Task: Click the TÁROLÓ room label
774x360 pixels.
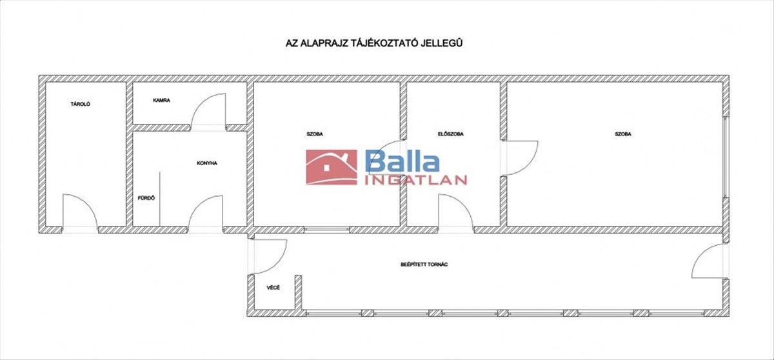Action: [x=81, y=103]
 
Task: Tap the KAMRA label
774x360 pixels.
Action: [x=161, y=101]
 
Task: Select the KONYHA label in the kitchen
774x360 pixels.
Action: [x=207, y=163]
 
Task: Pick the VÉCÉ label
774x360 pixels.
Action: [x=273, y=287]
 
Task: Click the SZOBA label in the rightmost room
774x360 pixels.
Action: [x=623, y=134]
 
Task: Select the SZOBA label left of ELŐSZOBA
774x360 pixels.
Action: [x=315, y=134]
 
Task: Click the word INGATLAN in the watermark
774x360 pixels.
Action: [x=415, y=180]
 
